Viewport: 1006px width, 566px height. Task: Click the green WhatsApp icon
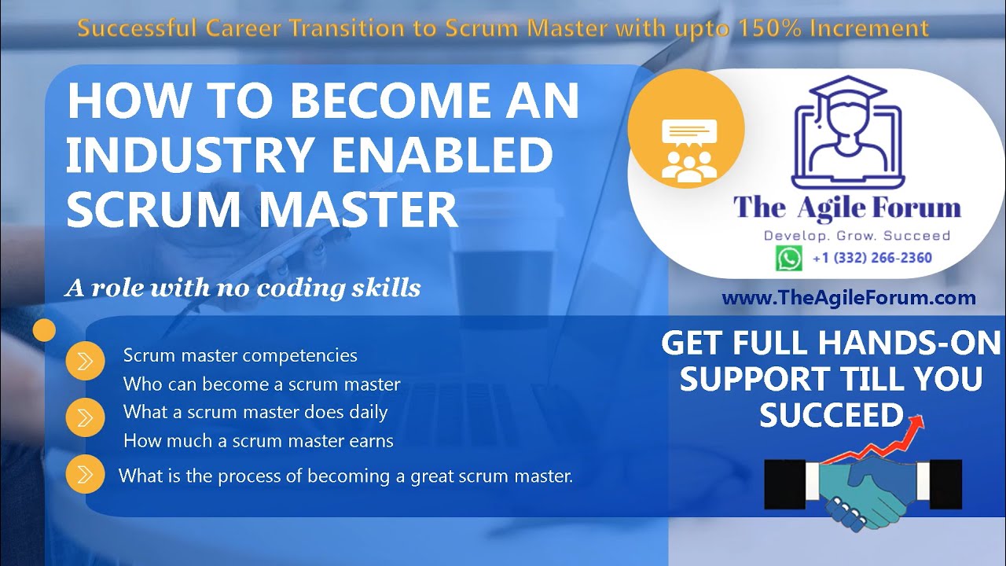coord(788,258)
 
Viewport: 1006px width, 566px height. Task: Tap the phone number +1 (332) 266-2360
coord(872,258)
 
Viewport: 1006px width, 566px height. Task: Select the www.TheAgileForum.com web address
coord(848,298)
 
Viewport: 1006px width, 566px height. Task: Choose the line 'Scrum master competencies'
coord(240,355)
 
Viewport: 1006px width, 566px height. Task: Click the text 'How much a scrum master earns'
coord(258,440)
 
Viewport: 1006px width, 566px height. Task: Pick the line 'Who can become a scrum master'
coord(262,384)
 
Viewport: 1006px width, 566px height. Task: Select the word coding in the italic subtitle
coord(299,289)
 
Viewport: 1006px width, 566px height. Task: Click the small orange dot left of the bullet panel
coord(45,330)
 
